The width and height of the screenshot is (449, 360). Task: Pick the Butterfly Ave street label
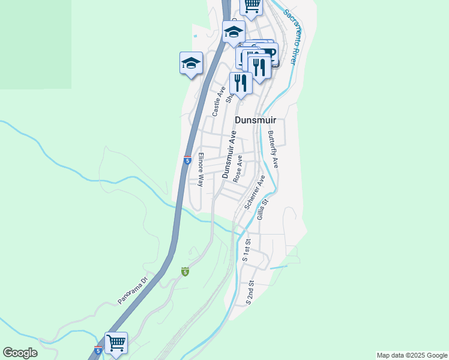273,149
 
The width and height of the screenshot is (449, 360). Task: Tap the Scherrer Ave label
255,192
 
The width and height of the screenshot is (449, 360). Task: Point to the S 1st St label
246,249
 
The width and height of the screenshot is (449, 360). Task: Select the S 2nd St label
250,292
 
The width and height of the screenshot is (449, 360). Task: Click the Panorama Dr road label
132,290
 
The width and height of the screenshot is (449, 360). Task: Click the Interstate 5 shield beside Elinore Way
187,160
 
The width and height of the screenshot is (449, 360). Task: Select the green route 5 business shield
185,272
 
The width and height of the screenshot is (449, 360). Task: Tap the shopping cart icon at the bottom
116,344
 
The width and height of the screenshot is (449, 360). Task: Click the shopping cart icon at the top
252,5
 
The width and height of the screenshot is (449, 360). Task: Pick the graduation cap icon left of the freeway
191,62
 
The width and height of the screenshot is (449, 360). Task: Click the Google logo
20,353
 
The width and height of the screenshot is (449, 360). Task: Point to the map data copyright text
411,355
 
